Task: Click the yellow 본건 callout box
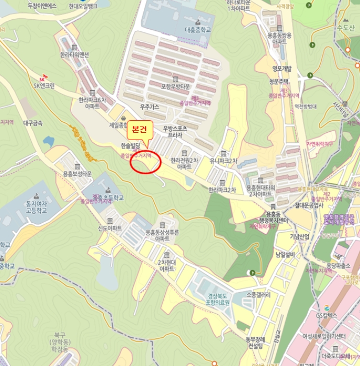140,128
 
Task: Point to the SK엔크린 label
44,86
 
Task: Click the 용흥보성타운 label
77,174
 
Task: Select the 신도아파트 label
110,228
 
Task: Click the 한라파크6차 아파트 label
92,102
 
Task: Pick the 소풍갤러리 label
258,295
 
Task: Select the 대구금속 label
33,123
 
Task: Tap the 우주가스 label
149,107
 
